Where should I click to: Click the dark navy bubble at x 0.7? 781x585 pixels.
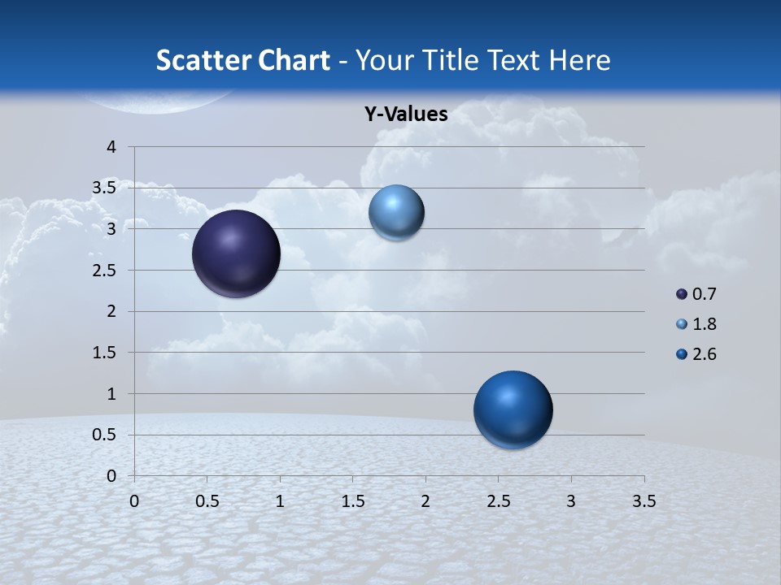[236, 253]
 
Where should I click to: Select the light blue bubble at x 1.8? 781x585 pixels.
[396, 213]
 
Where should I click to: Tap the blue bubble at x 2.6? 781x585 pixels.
[513, 409]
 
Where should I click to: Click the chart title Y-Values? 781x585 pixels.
[406, 115]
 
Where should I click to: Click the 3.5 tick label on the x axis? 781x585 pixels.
[644, 501]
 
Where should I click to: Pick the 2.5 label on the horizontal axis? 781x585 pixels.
[498, 501]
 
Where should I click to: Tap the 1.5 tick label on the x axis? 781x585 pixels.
[352, 501]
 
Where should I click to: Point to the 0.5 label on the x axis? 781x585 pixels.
[207, 501]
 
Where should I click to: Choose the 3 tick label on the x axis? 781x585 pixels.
[571, 501]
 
